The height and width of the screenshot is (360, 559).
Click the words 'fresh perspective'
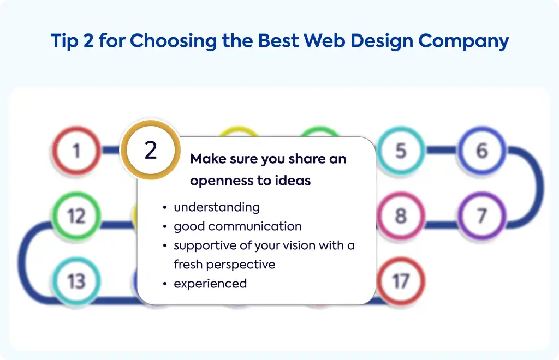coord(224,265)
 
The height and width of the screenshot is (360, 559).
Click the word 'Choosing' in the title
coord(173,41)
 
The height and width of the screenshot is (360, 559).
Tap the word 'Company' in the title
coord(463,41)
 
